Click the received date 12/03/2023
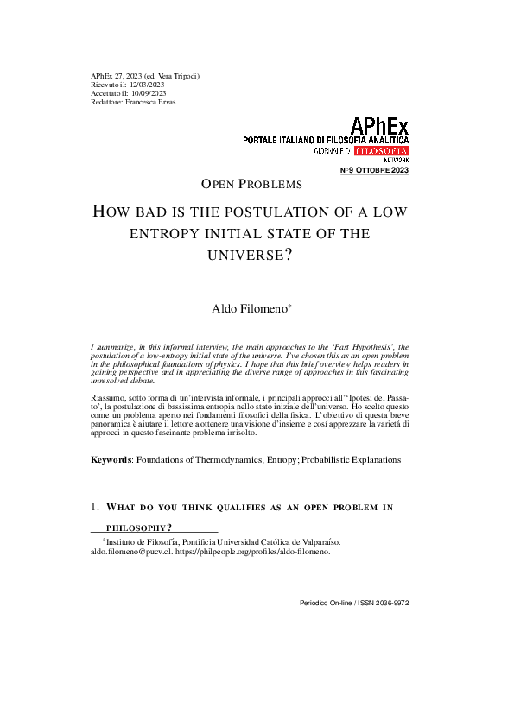click(146, 85)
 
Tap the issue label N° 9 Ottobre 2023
click(376, 170)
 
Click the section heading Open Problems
click(251, 184)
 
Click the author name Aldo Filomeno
click(250, 308)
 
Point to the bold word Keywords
click(111, 460)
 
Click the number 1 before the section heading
click(93, 507)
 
